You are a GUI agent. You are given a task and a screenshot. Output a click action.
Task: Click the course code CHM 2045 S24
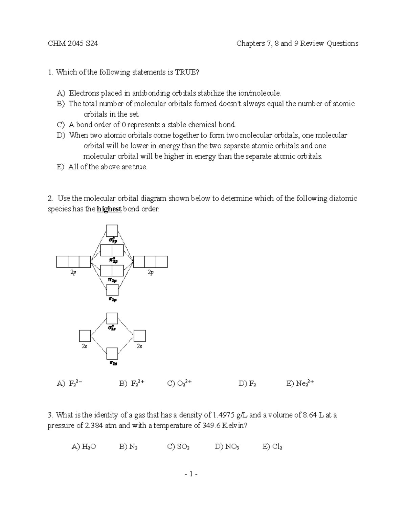[73, 43]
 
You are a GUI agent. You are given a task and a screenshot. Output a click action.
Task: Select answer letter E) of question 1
[61, 167]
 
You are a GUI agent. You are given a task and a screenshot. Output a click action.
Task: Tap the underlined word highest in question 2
[109, 209]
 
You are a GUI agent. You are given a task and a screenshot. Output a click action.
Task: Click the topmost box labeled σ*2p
[112, 230]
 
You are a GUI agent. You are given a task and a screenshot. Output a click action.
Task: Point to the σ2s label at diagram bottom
[113, 363]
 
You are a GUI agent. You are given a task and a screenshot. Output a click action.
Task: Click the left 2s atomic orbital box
[85, 336]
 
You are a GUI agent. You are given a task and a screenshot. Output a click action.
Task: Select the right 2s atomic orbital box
[139, 336]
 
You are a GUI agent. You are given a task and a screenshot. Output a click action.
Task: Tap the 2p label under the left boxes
[73, 272]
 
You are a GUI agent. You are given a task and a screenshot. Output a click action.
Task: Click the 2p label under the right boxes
[151, 272]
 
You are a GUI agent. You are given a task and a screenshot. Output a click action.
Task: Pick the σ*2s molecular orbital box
[112, 318]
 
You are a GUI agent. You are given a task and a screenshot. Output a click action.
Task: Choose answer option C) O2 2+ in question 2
[180, 383]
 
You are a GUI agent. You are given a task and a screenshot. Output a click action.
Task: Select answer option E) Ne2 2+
[300, 383]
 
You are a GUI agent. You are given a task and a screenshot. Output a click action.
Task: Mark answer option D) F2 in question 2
[247, 384]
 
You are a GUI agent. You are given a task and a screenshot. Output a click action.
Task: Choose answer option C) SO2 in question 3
[178, 447]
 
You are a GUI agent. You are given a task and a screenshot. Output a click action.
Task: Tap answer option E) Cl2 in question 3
[272, 447]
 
